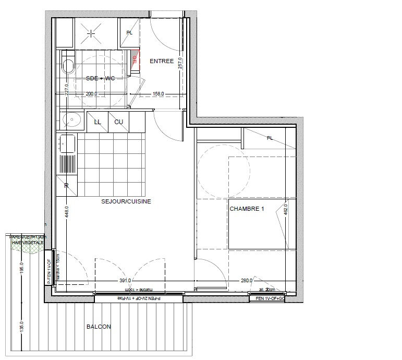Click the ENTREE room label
coord(162,62)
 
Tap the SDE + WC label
coord(101,78)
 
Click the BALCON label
coord(99,327)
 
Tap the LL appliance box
coord(98,122)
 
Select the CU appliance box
coord(119,122)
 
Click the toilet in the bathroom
coord(67,66)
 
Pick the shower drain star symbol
coord(92,33)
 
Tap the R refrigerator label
coord(67,185)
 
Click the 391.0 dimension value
coord(125,280)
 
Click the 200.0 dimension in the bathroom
coord(92,94)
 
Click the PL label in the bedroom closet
coord(270,138)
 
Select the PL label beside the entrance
coord(129,33)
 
